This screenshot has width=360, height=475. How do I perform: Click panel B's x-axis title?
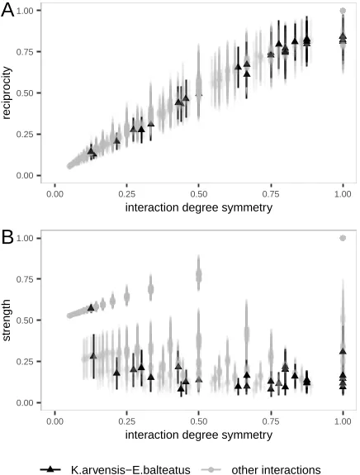(x=198, y=434)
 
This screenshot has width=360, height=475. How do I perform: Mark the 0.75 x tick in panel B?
(x=271, y=420)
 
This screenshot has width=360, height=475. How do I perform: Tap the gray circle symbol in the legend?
(x=211, y=468)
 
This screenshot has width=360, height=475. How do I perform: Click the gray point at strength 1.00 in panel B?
(x=343, y=238)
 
